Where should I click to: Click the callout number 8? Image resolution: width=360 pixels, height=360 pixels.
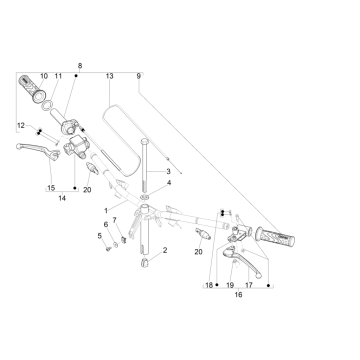coord(80,66)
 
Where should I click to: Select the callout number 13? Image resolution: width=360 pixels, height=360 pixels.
coord(109,76)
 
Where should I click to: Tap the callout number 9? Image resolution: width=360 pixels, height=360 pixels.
coord(139,76)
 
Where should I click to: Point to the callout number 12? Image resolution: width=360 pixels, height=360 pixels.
coord(21,126)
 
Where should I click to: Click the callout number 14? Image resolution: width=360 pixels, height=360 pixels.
coord(62,199)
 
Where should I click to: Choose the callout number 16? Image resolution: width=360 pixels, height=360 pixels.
coord(238,295)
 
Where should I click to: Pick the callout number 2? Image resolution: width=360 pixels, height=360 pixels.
coord(165,250)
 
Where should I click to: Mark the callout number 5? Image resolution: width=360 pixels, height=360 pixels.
coord(99,236)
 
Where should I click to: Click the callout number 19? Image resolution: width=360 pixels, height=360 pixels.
coord(230,285)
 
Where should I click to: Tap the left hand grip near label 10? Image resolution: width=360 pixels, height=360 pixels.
coord(32,89)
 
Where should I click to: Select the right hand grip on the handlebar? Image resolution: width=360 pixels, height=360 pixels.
coord(275,237)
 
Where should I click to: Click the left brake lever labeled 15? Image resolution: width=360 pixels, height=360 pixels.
coord(38,150)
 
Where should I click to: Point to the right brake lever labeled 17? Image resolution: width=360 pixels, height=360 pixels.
coord(243,263)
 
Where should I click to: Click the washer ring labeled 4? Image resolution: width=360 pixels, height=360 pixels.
coord(144,197)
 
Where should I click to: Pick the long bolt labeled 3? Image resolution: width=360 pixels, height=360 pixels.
coord(144,165)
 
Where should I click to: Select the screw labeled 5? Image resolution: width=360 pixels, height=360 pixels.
coord(108,249)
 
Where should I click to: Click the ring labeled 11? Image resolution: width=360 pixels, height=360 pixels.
coord(47,106)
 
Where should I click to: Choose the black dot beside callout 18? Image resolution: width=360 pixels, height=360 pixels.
coord(217,285)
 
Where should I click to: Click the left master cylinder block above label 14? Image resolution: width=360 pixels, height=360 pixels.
coord(74,147)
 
